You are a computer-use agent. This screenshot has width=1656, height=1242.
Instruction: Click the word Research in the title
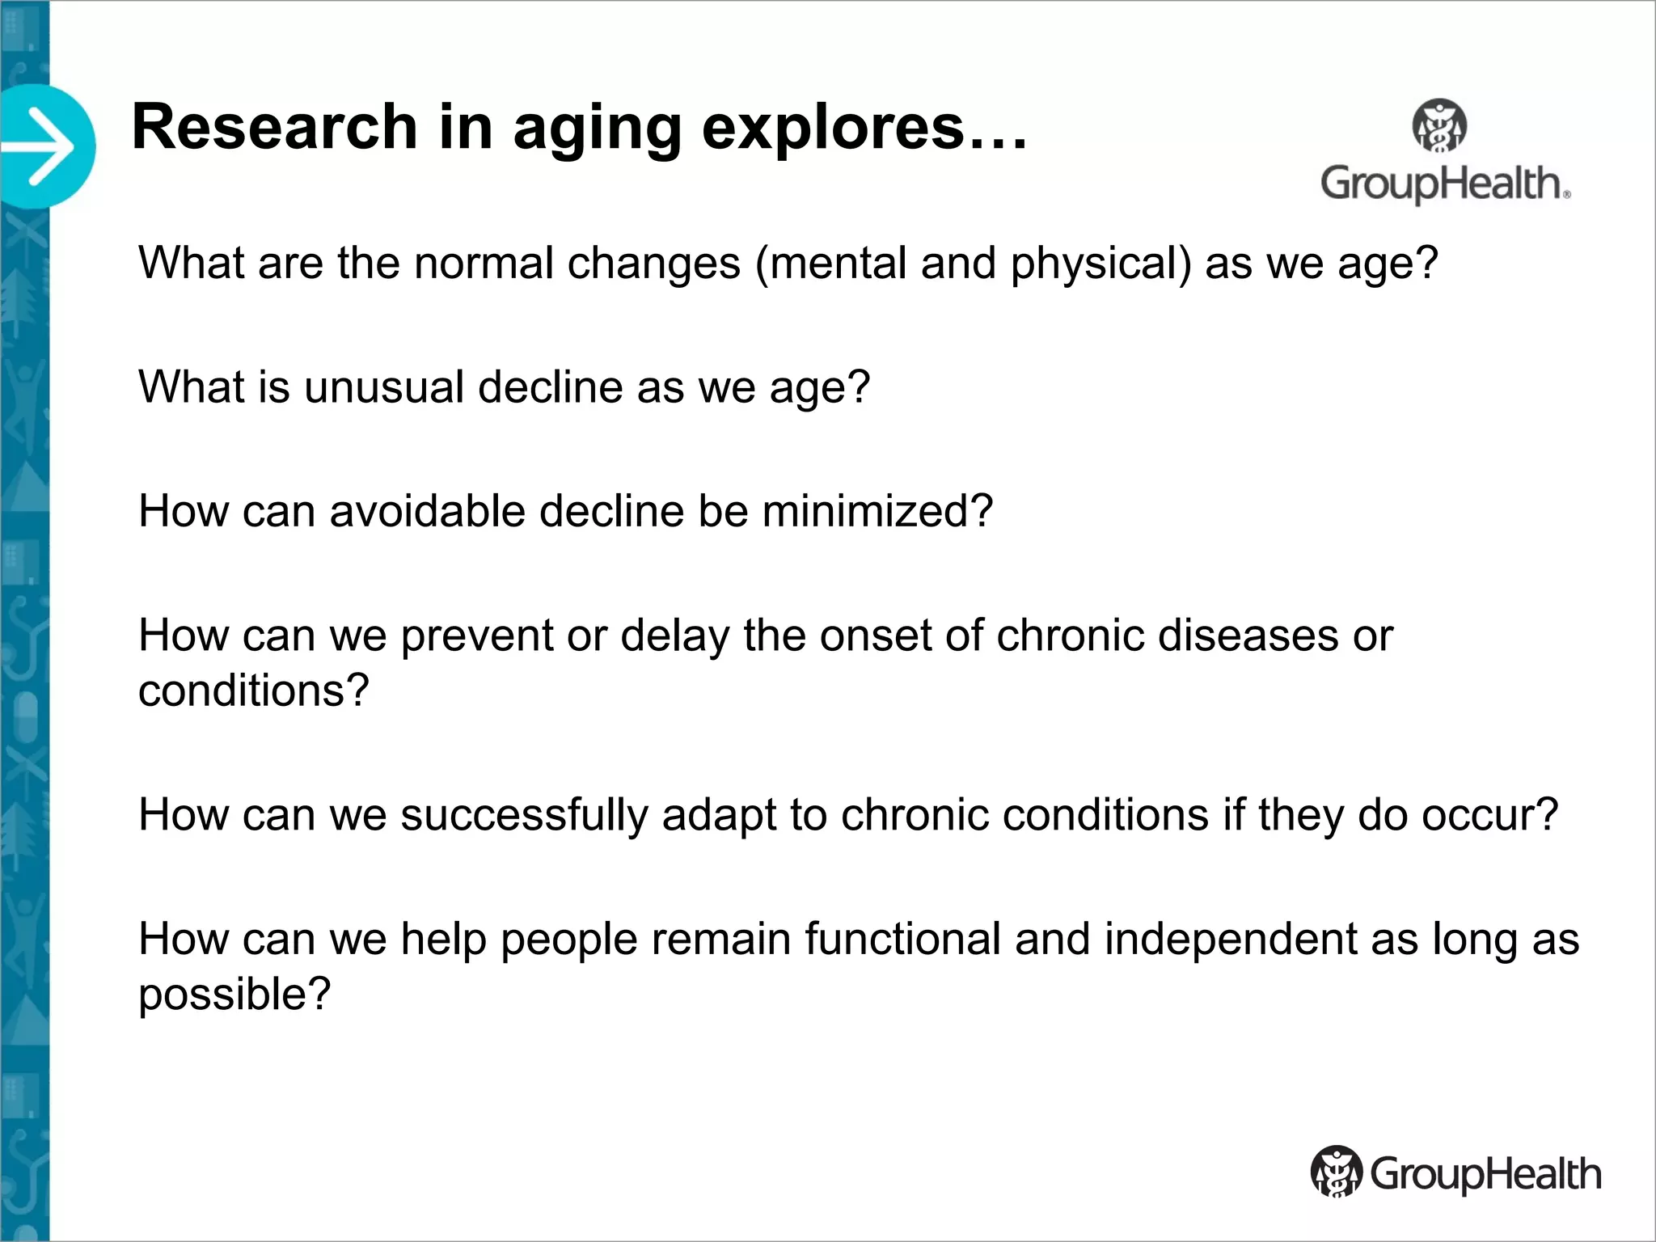click(x=274, y=127)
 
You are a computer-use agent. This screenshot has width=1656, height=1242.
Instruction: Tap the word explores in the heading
click(x=834, y=127)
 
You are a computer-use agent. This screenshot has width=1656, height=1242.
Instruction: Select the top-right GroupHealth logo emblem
click(x=1439, y=126)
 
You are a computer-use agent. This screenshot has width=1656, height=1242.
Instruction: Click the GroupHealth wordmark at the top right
click(x=1444, y=184)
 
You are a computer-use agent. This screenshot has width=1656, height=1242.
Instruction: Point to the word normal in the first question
click(x=483, y=263)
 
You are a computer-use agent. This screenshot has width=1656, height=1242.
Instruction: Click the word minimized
click(x=877, y=511)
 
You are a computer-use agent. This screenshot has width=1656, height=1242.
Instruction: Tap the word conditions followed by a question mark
click(x=252, y=691)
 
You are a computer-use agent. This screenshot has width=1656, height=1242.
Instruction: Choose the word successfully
click(x=524, y=815)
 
